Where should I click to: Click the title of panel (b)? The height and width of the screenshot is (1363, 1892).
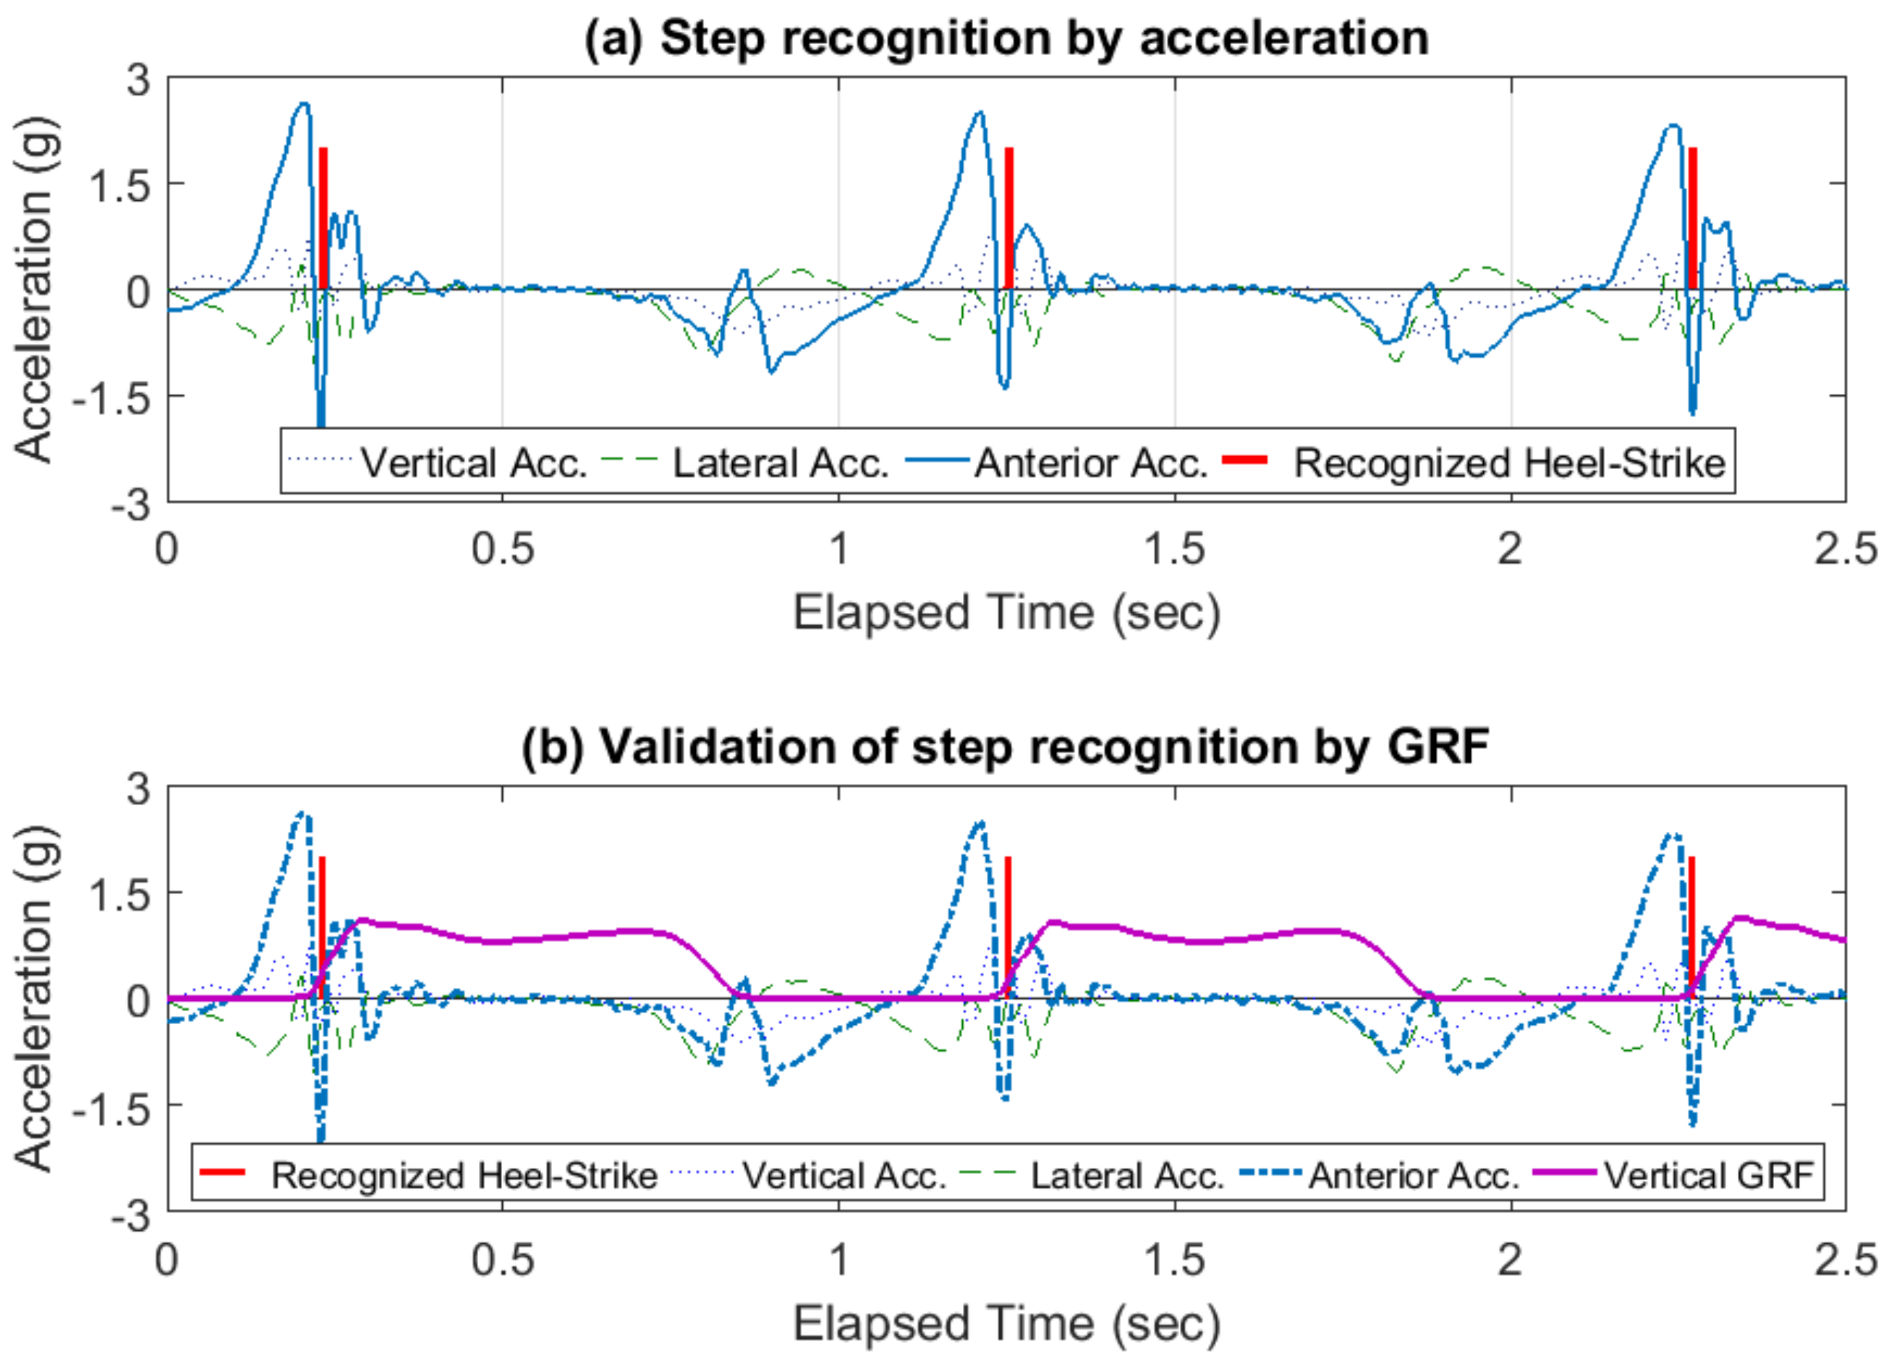[x=1005, y=746]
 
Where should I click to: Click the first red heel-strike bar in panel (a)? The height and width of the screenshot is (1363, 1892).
[x=323, y=218]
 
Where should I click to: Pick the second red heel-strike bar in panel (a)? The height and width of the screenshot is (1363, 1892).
[x=1009, y=218]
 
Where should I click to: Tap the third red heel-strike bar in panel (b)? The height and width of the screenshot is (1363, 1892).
[x=1691, y=926]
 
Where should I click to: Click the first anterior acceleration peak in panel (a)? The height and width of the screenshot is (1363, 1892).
[x=305, y=104]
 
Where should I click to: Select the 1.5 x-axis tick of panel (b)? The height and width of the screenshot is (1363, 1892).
[x=1175, y=1259]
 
